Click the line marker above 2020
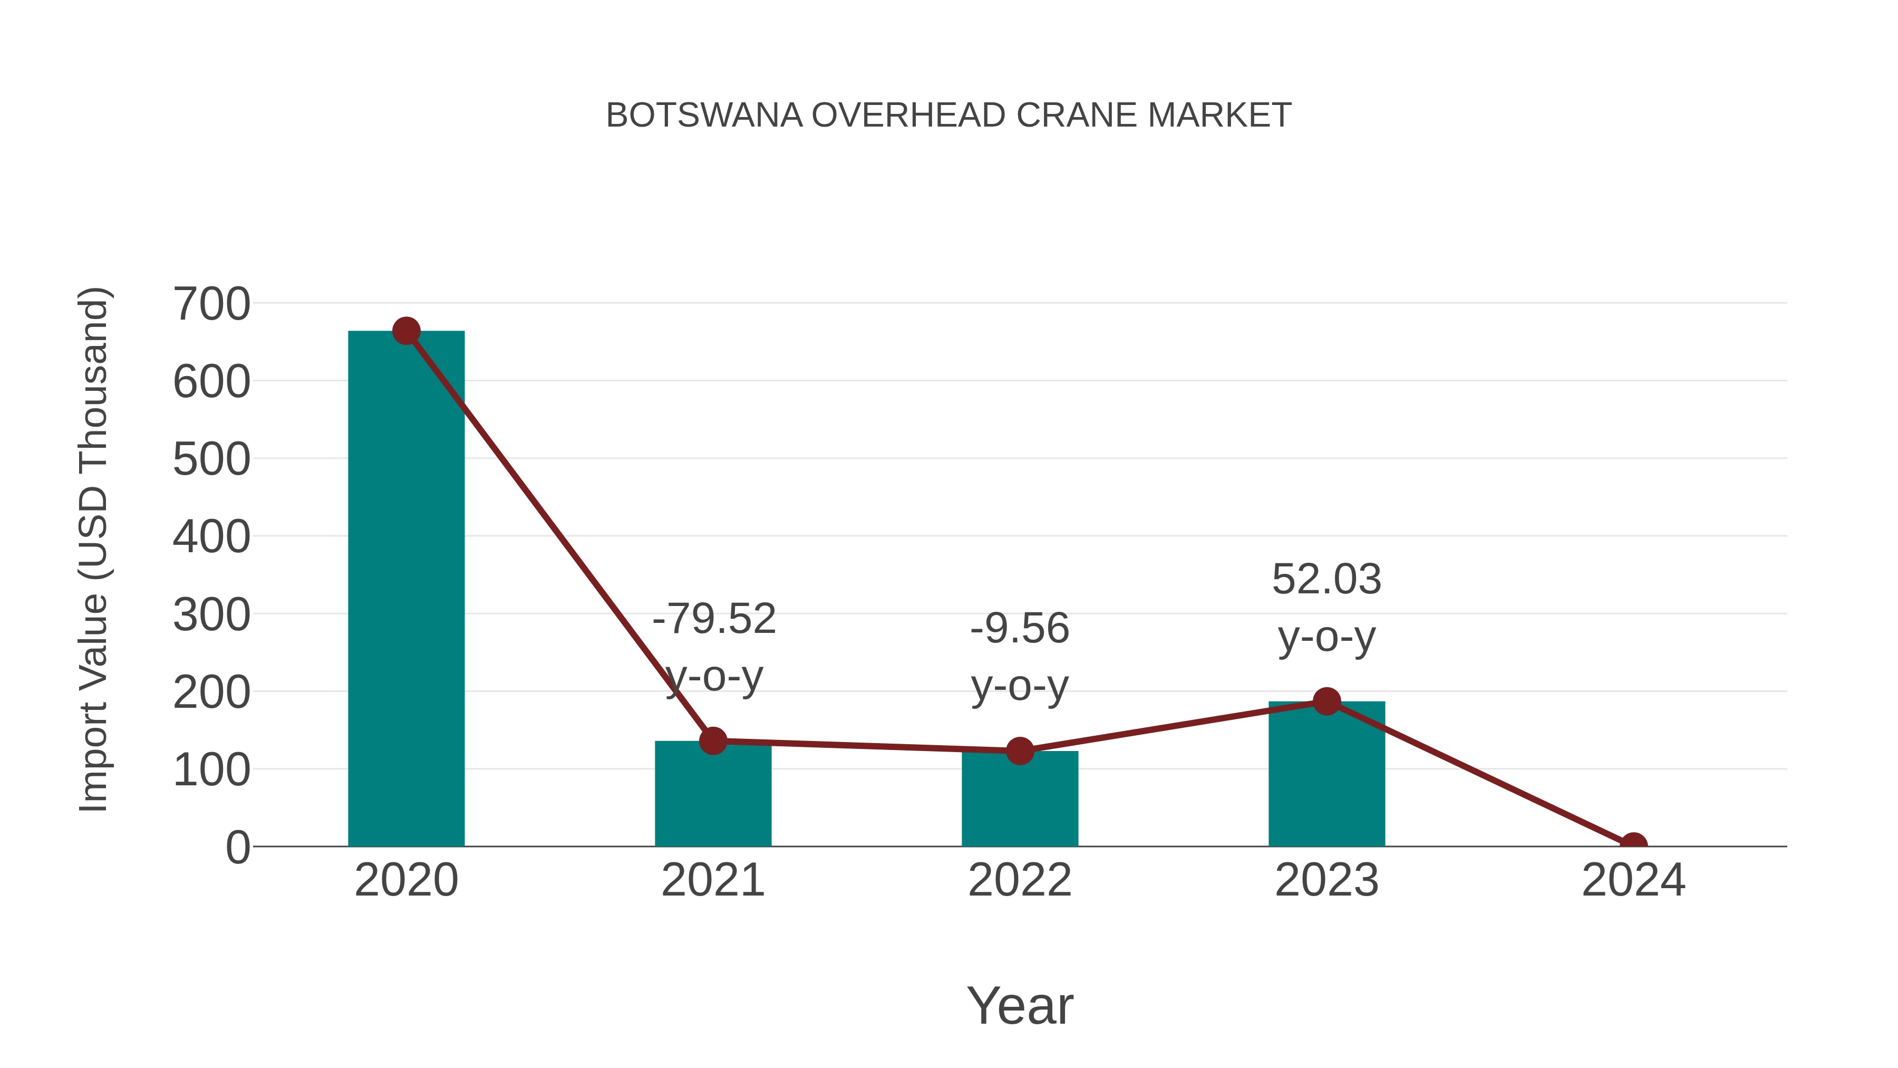pos(406,331)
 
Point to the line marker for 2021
pos(712,741)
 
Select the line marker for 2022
pos(1020,751)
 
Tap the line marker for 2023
pos(1326,701)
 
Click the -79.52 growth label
pos(714,619)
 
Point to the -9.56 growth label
pos(1020,629)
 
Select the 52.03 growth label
pos(1326,579)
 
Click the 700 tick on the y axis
pos(211,304)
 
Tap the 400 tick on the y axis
pos(211,536)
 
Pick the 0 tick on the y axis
pos(238,847)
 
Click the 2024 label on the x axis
pos(1633,880)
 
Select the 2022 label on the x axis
pos(1020,880)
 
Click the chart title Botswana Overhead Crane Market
pos(948,116)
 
